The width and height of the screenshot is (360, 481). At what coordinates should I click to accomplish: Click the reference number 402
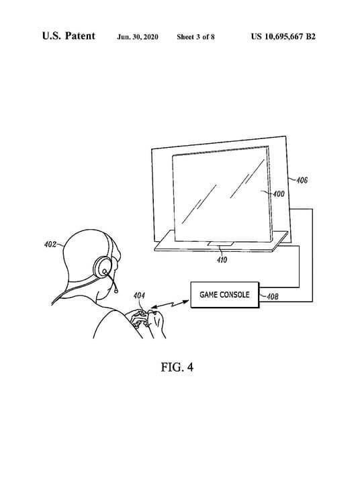click(50, 244)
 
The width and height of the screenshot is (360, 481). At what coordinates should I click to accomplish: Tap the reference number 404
click(139, 296)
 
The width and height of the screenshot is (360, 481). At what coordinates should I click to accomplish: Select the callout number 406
click(302, 180)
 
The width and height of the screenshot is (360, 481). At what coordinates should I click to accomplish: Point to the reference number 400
click(279, 194)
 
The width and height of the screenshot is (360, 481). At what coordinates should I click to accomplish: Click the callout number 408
click(273, 296)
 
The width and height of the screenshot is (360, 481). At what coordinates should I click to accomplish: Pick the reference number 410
click(222, 260)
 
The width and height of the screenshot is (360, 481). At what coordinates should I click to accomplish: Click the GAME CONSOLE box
click(225, 295)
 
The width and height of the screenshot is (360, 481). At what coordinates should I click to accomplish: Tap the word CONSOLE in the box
click(234, 295)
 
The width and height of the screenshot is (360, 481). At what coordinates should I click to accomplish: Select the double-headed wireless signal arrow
click(170, 304)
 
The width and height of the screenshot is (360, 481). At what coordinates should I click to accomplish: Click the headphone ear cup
click(103, 267)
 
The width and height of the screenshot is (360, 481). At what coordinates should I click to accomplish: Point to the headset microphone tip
click(116, 290)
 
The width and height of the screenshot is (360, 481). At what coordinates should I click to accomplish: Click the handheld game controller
click(142, 318)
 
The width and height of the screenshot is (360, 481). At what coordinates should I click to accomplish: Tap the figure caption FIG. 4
click(177, 367)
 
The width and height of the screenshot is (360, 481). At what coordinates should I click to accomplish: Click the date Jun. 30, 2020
click(138, 37)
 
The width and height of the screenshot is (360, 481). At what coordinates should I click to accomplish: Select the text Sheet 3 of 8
click(195, 37)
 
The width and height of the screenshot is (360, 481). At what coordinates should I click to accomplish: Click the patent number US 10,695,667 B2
click(283, 36)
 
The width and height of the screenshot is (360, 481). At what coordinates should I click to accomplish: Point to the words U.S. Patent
click(69, 36)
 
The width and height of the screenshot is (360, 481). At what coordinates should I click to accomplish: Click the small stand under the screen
click(220, 244)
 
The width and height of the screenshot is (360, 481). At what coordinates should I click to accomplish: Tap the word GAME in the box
click(208, 295)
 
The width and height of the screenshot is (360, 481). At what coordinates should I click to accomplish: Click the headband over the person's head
click(109, 244)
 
